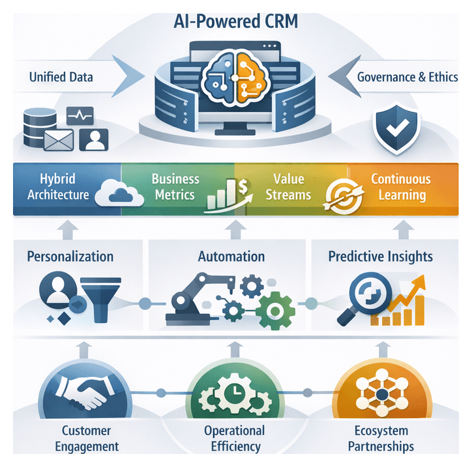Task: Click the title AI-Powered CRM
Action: coord(236,21)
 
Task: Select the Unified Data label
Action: coord(61,77)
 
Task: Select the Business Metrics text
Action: coord(175,186)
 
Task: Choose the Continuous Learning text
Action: coord(400,186)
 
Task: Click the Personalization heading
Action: coord(70,256)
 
